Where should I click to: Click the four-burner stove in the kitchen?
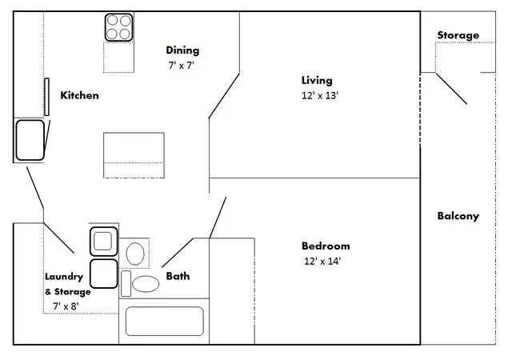[119, 27]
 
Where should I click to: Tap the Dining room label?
[182, 50]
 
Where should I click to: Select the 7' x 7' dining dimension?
[182, 66]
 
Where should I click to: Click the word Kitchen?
[80, 95]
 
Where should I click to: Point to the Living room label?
[317, 80]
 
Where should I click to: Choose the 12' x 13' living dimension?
[320, 95]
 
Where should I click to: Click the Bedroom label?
[326, 246]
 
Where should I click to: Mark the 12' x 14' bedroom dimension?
[322, 261]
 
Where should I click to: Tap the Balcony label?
[458, 216]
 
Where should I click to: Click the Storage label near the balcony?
[458, 35]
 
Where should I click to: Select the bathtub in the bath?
[165, 321]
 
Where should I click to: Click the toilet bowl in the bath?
[146, 283]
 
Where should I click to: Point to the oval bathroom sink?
[135, 254]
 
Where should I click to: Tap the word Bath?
[178, 276]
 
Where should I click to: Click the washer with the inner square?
[103, 242]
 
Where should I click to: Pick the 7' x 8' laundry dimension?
[66, 306]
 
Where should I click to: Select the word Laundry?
[64, 277]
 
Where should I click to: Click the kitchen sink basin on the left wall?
[30, 140]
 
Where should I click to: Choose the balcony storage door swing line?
[451, 89]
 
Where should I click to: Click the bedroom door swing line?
[218, 218]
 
